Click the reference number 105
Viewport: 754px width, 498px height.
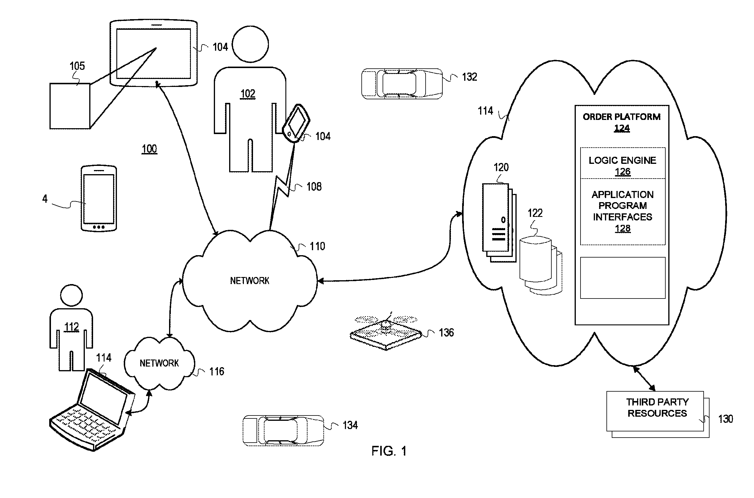(77, 66)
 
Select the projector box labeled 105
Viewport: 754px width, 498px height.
(70, 106)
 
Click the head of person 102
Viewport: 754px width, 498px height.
(250, 44)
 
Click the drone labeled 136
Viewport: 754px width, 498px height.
(386, 332)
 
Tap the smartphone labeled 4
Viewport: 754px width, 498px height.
(99, 198)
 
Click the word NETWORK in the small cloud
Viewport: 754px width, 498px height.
(159, 363)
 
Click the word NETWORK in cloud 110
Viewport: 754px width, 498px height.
(249, 281)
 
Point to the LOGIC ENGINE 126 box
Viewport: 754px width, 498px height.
(622, 164)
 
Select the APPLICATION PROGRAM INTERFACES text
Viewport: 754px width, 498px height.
(622, 206)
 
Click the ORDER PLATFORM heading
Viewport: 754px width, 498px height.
(621, 117)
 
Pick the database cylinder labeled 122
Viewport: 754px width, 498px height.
(535, 259)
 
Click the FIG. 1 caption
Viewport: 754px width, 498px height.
(389, 451)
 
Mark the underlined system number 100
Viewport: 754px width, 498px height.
(149, 149)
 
